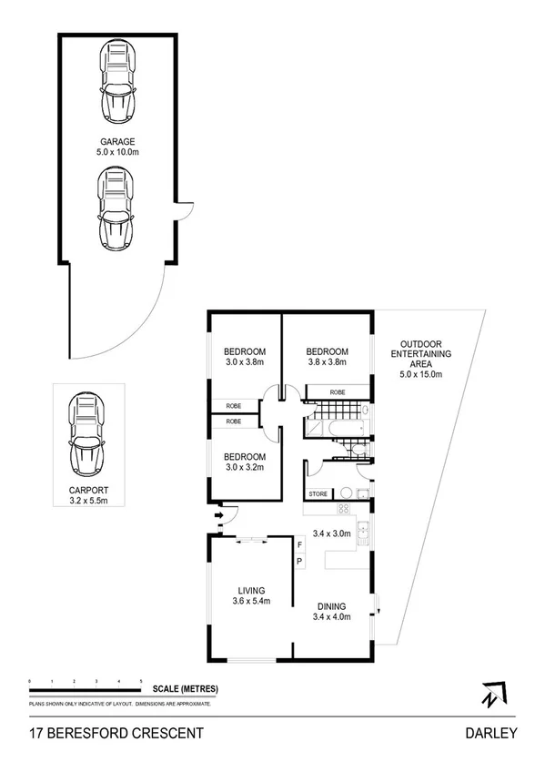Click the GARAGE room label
click(118, 141)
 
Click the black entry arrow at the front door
click(217, 519)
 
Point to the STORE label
click(318, 494)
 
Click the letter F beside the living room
click(298, 544)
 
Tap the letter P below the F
click(298, 562)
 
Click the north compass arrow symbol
click(491, 694)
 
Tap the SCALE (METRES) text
click(186, 688)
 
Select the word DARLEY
click(490, 733)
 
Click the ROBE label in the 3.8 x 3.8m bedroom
click(338, 391)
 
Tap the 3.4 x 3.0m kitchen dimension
click(331, 533)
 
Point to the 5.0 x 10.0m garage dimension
click(118, 152)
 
